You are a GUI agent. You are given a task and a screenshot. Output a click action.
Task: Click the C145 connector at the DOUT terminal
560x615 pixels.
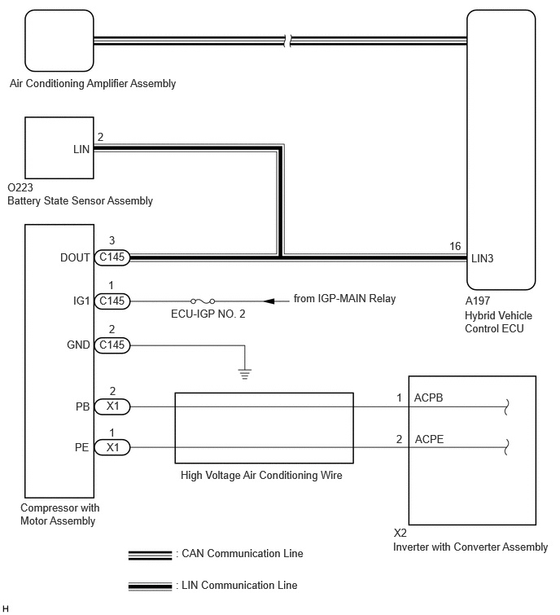pos(112,257)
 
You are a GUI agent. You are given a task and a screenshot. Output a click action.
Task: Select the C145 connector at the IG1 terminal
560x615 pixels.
pos(112,301)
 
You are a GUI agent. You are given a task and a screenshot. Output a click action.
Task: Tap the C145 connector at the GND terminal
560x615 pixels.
pos(112,345)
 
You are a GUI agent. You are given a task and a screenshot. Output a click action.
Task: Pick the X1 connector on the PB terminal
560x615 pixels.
pos(112,406)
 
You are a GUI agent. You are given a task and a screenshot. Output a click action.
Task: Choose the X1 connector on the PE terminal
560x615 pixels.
pos(112,447)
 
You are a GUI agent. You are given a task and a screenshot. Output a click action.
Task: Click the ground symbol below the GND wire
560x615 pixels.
pos(244,374)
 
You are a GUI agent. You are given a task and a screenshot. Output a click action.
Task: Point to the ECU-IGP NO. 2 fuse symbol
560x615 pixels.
pos(203,301)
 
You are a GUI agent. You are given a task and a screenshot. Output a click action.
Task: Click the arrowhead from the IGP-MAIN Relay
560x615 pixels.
pos(269,301)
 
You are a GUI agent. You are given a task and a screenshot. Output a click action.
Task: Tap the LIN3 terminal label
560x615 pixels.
pos(482,258)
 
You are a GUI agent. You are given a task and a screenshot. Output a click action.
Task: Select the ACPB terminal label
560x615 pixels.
pos(428,398)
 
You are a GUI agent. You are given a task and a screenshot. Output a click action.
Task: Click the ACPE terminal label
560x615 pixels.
pos(429,439)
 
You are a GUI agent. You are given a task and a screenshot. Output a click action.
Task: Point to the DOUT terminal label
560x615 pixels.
pos(75,257)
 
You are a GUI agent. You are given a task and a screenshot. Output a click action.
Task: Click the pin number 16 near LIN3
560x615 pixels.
pos(455,246)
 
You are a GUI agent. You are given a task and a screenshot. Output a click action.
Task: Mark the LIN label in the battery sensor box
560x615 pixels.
pos(81,149)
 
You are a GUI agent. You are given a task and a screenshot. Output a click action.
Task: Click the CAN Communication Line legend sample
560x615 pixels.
pos(150,555)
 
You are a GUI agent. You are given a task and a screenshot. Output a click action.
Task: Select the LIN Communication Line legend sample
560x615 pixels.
pos(150,586)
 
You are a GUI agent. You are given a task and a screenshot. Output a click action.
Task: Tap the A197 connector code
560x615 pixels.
pos(477,301)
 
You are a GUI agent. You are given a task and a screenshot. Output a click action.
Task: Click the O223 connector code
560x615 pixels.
pos(20,187)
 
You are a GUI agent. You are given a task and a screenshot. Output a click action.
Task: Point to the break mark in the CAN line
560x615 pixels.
pos(288,41)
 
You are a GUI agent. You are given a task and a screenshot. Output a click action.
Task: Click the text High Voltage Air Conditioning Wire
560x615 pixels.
pos(261,476)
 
